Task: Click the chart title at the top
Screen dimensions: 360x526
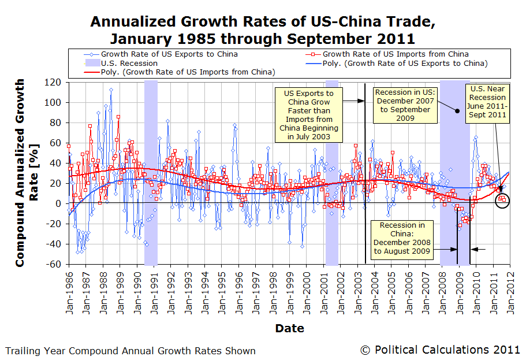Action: tap(263, 31)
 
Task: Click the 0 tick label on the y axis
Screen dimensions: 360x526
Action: tap(59, 203)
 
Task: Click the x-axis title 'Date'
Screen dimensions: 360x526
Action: tap(289, 328)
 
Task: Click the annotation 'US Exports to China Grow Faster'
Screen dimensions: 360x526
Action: tap(308, 115)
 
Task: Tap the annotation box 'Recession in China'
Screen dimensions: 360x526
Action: tap(402, 238)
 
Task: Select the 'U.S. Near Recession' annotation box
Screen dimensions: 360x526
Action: tap(487, 102)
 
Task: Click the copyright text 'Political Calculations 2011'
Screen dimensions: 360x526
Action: tap(440, 350)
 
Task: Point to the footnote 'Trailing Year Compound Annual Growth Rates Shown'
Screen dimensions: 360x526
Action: tap(130, 351)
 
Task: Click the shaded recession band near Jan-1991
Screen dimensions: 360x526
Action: tap(151, 173)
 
